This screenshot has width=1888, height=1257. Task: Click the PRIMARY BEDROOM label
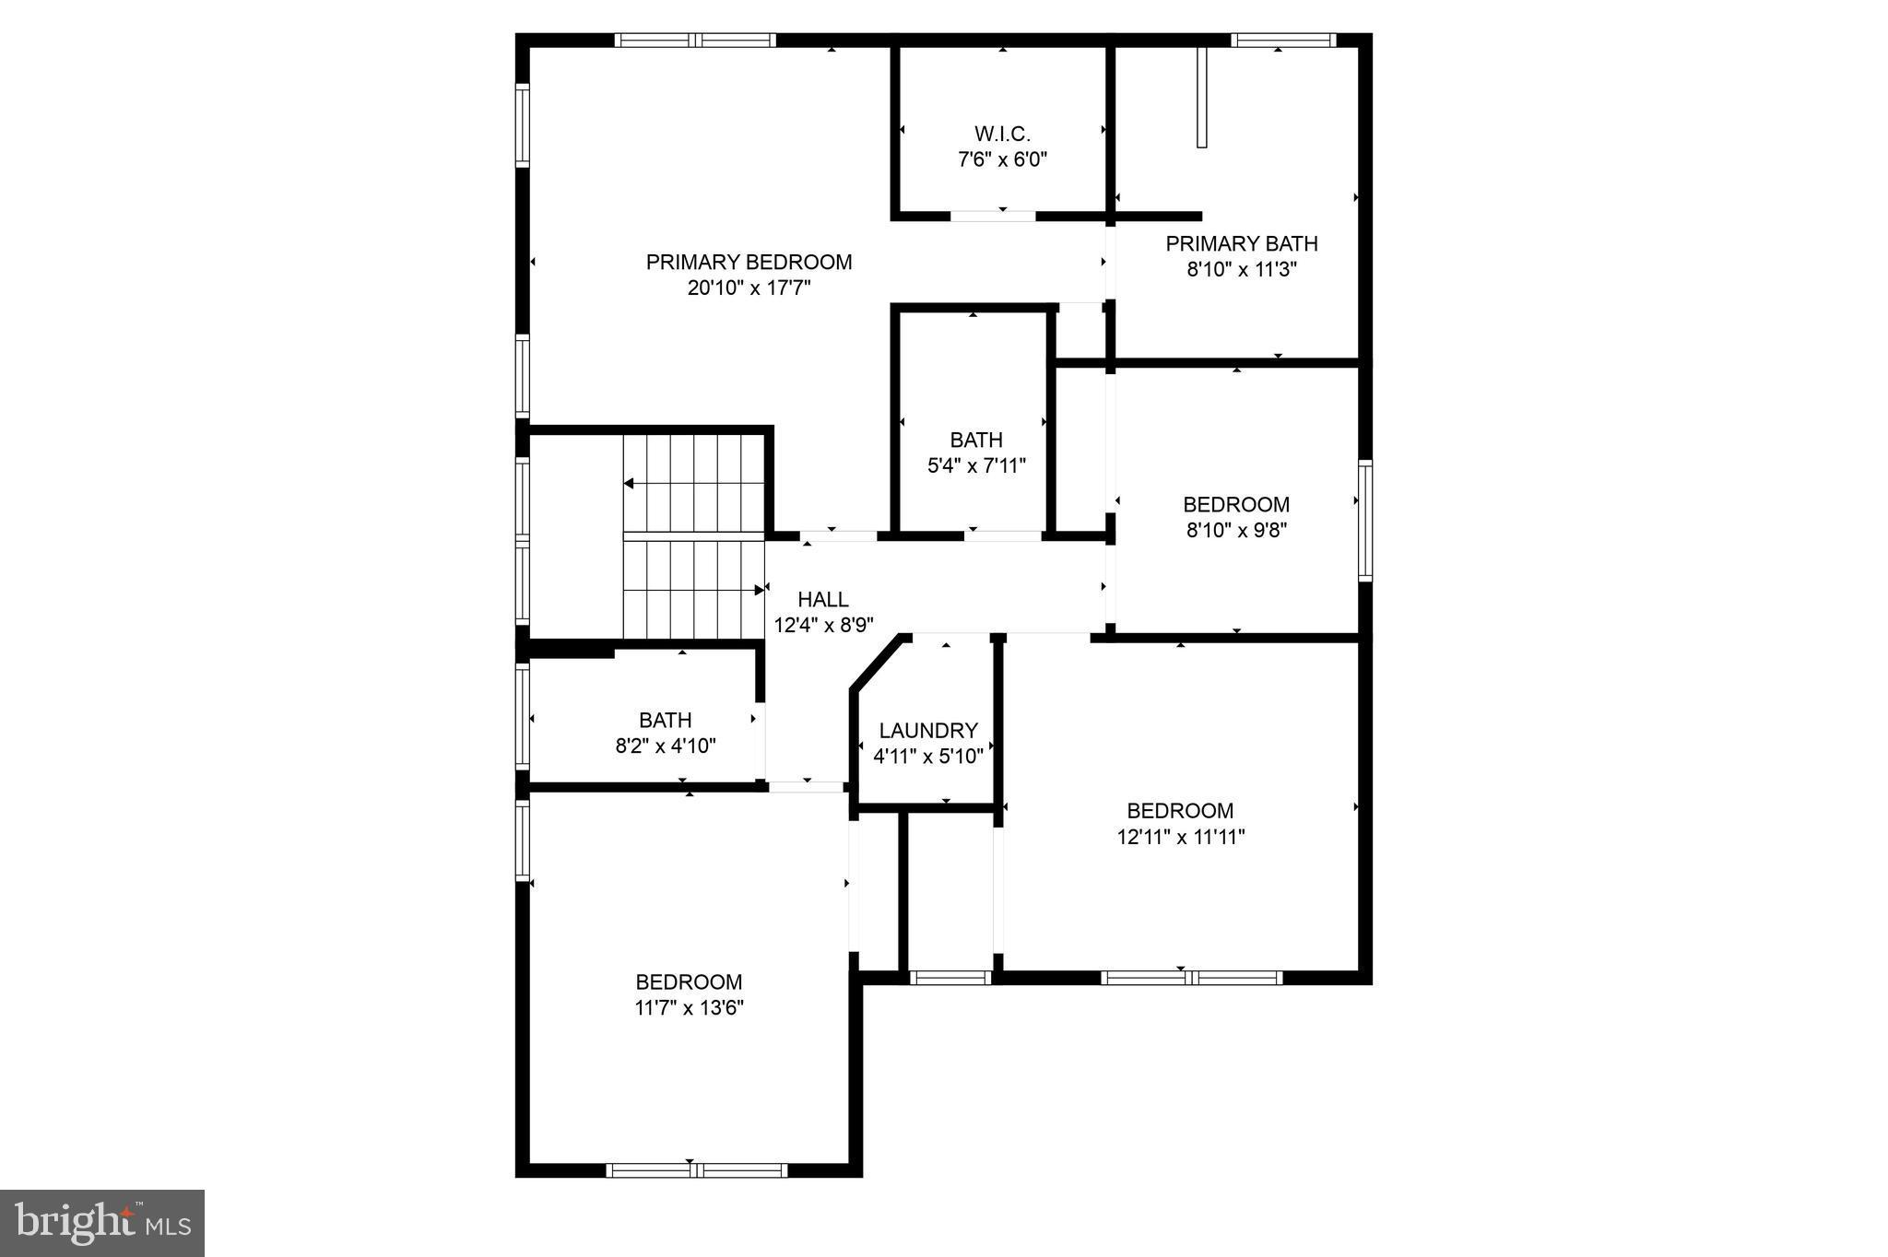(x=749, y=263)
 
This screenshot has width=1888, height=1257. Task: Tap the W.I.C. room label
(x=1002, y=135)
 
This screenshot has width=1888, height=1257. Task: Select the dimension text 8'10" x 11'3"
(x=1241, y=270)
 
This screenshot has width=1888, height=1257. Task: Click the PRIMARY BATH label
(x=1241, y=244)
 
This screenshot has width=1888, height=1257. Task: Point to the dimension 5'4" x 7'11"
(x=976, y=466)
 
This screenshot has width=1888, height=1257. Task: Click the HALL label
(x=822, y=600)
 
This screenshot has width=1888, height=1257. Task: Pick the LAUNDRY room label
(x=927, y=731)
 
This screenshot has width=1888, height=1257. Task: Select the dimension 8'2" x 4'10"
(x=666, y=746)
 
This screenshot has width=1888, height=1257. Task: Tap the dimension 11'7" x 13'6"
(x=689, y=1008)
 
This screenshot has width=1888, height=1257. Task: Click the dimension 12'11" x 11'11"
(x=1180, y=838)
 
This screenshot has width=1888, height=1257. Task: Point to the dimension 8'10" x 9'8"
(x=1235, y=531)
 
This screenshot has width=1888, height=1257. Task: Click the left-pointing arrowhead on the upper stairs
(x=629, y=484)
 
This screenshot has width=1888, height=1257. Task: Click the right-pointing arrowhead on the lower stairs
(x=760, y=589)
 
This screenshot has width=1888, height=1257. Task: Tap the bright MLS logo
(x=102, y=1223)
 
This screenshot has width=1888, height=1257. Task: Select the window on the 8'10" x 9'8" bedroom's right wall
(x=1365, y=520)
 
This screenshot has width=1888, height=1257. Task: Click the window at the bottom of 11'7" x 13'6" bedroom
(x=696, y=1170)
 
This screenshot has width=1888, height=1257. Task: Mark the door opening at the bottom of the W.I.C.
(x=993, y=217)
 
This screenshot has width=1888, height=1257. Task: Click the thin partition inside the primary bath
(x=1201, y=97)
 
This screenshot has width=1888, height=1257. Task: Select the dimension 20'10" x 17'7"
(x=749, y=288)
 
